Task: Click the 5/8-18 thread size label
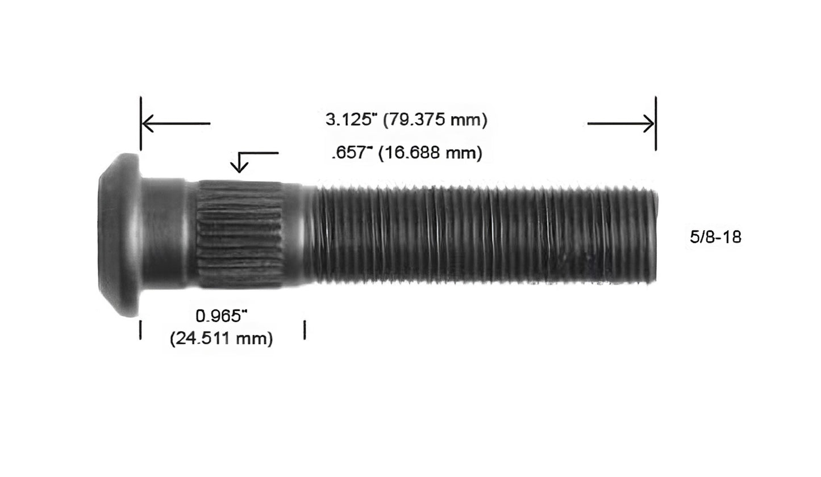(x=715, y=237)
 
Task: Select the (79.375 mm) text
(x=435, y=120)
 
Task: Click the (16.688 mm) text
(x=430, y=153)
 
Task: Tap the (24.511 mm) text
(x=221, y=338)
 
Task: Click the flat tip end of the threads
(x=656, y=236)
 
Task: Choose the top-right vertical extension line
(x=656, y=123)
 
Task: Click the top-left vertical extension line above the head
(x=141, y=123)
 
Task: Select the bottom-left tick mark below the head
(x=140, y=329)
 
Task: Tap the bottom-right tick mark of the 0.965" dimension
(x=305, y=329)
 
